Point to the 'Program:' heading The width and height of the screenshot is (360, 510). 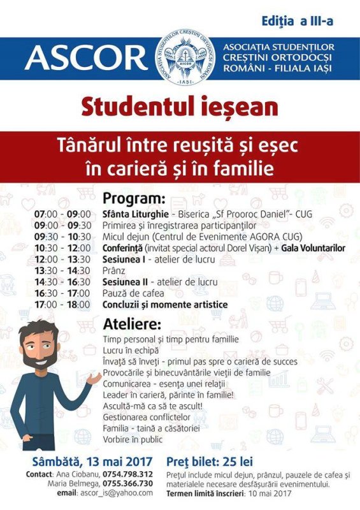[134, 198]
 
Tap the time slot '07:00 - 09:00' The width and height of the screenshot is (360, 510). [62, 214]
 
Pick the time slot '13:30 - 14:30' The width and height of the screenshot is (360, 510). [62, 271]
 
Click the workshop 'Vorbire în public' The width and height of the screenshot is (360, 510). [133, 439]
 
